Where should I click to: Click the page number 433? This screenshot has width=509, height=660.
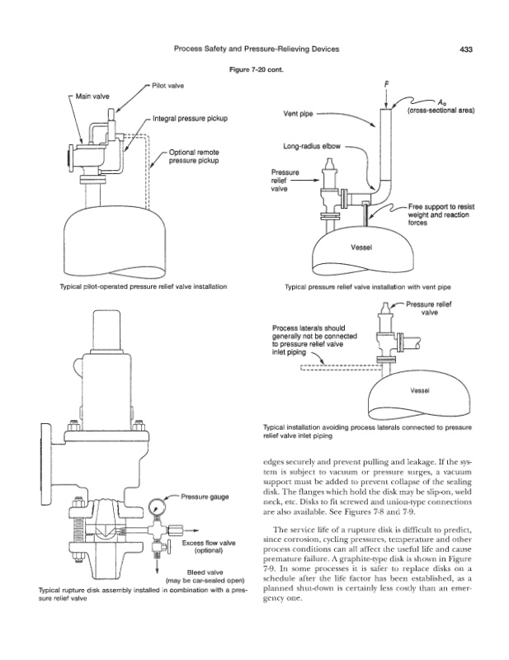pyautogui.click(x=465, y=49)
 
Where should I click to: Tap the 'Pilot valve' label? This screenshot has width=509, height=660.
pyautogui.click(x=167, y=86)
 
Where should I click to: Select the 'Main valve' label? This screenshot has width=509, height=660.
pyautogui.click(x=92, y=97)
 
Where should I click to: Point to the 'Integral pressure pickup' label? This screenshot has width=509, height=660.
pyautogui.click(x=191, y=120)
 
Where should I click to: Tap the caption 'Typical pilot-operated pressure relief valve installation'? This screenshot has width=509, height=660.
pyautogui.click(x=139, y=286)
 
